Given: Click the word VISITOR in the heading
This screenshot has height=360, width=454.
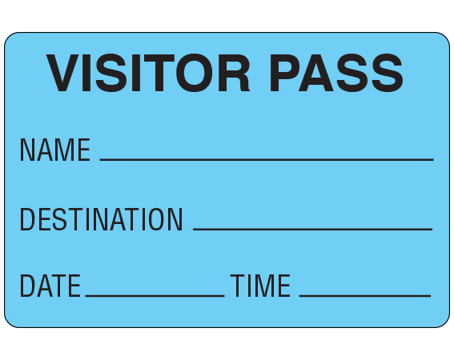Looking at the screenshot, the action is coord(148,73).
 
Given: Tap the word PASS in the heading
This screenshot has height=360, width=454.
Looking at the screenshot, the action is coord(336,73).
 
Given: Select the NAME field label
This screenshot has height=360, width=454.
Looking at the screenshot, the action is coord(55,150).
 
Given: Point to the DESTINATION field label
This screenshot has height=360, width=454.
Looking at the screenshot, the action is coord(101,219).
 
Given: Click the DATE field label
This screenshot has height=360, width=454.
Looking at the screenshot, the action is coord(50,286).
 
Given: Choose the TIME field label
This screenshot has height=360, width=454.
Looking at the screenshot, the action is coord(260,286).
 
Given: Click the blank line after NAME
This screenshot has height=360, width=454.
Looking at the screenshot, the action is coord(267,159).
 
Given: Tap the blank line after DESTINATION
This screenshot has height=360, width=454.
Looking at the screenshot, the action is coord(313,229).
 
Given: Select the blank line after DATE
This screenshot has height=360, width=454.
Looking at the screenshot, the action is coord(155,295).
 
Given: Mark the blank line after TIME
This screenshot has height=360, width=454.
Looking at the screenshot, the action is coord(365,295).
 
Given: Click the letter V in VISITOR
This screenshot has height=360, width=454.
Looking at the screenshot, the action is coord(63,73).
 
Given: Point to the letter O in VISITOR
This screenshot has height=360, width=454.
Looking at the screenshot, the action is coord(195,73).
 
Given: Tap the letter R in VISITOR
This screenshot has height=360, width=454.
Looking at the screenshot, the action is coord(234,73).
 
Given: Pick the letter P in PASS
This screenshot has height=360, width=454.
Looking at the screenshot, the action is coord(284,73).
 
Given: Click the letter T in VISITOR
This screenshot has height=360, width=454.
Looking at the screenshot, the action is coord(159,73).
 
